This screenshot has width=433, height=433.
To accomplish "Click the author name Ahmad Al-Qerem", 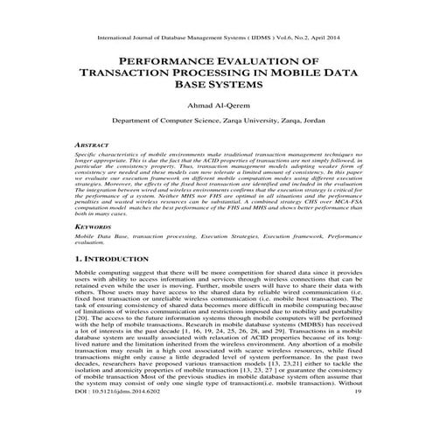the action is pos(216,108).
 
